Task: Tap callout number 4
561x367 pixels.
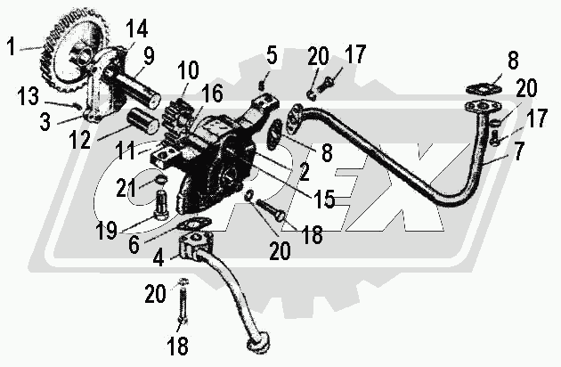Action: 160,260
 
